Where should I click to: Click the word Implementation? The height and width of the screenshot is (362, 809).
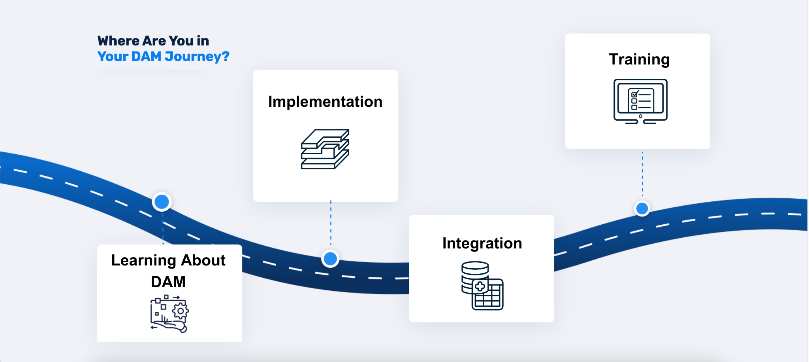[x=325, y=102]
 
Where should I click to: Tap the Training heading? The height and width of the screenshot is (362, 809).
[x=639, y=59]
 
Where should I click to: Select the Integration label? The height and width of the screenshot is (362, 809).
[x=482, y=243]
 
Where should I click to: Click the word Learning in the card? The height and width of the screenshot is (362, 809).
[x=143, y=260]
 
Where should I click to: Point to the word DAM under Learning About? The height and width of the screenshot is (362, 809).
[x=168, y=282]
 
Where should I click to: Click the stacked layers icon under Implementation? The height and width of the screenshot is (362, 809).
[x=325, y=149]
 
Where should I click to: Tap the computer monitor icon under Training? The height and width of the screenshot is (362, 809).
[x=640, y=101]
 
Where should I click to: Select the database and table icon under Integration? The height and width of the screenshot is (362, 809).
[x=482, y=285]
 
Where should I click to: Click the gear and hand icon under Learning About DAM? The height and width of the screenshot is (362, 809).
[x=169, y=314]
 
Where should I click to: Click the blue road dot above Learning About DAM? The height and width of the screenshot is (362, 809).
[x=162, y=202]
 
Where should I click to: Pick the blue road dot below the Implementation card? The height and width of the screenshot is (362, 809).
[x=330, y=259]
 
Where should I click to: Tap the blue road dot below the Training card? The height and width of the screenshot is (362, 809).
[x=642, y=208]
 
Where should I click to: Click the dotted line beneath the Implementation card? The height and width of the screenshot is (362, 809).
[x=331, y=224]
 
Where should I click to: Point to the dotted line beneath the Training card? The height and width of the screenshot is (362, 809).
[x=642, y=174]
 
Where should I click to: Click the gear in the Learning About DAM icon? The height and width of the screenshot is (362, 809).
[x=181, y=311]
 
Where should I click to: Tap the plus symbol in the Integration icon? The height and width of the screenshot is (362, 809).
[x=480, y=286]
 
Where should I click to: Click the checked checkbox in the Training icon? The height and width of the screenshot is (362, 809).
[x=634, y=95]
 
